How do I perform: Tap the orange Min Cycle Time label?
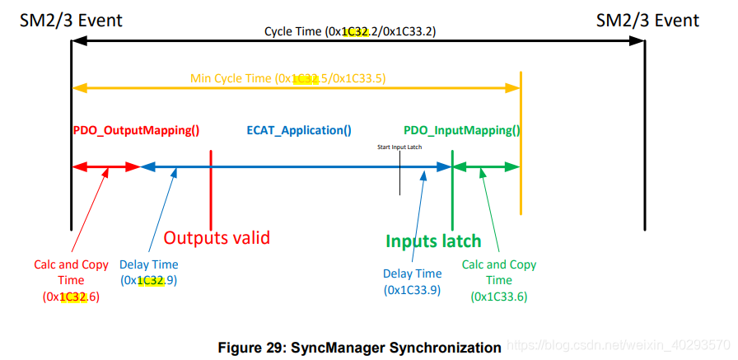point(287,78)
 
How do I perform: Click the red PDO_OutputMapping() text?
point(136,130)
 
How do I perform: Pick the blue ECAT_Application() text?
point(299,130)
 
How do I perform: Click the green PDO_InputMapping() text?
point(461,130)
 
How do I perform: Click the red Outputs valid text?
point(217,238)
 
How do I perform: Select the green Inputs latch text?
point(433,241)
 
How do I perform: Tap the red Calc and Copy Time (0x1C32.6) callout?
point(71,281)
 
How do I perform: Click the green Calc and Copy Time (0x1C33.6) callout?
point(499,280)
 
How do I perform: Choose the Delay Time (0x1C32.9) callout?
point(148,273)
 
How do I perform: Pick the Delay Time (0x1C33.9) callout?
point(413,282)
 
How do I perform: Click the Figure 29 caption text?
point(359,347)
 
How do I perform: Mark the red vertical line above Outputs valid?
point(212,189)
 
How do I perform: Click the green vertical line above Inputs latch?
point(452,189)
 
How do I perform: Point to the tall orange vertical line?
point(521,140)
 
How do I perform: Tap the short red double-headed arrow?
point(106,167)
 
